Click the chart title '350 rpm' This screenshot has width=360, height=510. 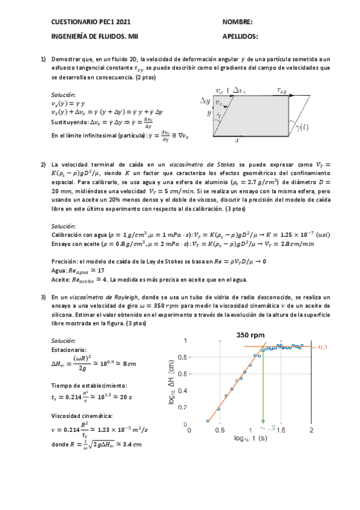tap(251, 335)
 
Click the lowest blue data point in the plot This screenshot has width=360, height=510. tap(207, 420)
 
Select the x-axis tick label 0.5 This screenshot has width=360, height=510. tap(220, 431)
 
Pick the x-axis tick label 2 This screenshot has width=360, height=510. tap(311, 431)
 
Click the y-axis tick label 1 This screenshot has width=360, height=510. tap(185, 340)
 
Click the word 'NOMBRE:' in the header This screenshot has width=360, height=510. tap(237, 22)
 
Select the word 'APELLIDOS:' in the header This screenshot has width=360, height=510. tap(240, 36)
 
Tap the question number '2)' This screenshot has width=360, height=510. tap(43, 165)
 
